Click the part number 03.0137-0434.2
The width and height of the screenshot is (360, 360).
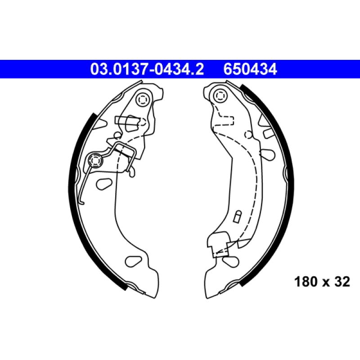point(147,69)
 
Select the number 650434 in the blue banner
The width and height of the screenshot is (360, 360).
point(250,69)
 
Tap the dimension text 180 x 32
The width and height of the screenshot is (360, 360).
point(322,282)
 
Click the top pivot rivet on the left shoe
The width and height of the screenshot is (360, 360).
point(143,99)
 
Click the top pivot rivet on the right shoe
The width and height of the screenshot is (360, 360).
point(220,95)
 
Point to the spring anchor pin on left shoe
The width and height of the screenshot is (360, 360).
point(95,160)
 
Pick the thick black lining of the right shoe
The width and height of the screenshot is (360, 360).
point(275,184)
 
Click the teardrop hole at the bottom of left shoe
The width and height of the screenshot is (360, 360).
point(133,261)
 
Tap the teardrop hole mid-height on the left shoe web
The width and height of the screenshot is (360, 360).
point(104,184)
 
